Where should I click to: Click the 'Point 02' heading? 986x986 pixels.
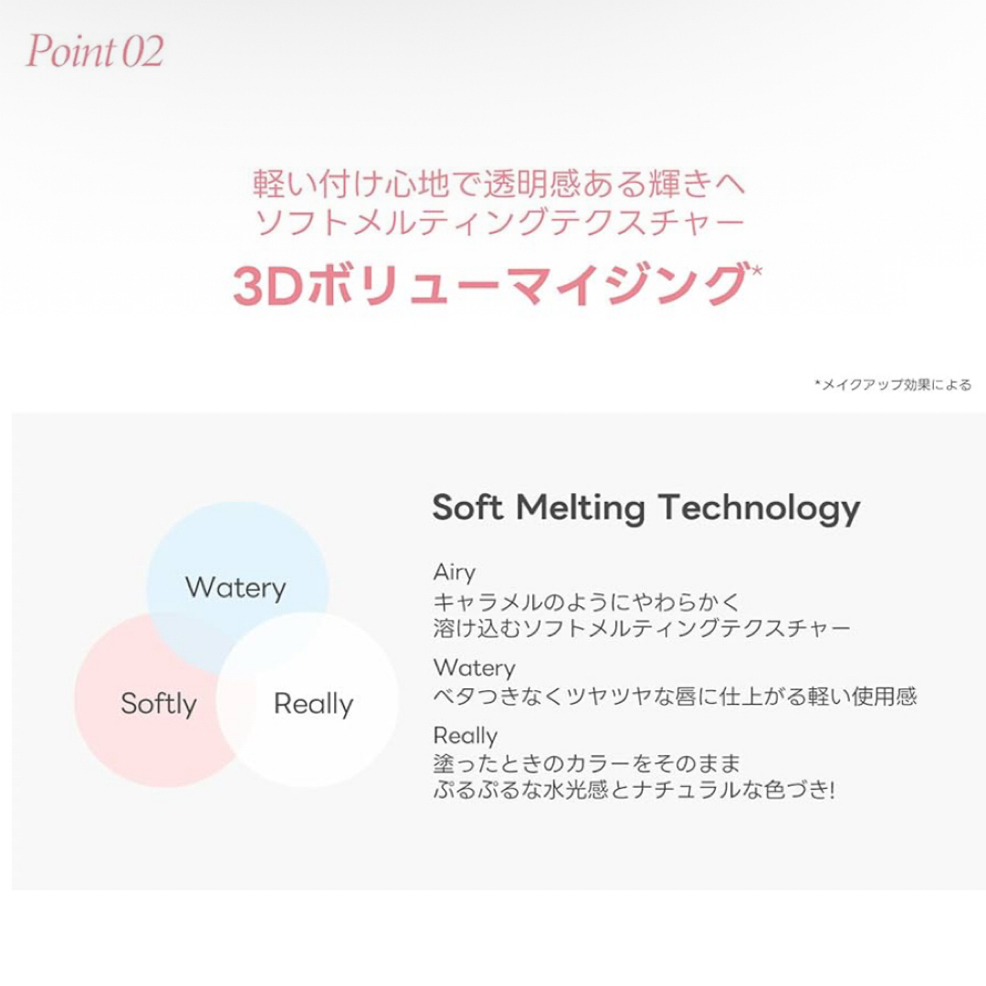point(94,51)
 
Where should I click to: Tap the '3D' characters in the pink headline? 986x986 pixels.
point(268,286)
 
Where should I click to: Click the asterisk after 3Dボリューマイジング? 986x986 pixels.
point(756,270)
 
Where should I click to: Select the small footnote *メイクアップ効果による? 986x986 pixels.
point(893,384)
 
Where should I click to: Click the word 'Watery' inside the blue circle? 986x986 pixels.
point(236,588)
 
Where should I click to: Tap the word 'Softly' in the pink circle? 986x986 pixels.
point(159,704)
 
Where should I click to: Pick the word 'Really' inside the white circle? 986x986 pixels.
point(313,704)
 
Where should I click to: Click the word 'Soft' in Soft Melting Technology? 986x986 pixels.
point(467,507)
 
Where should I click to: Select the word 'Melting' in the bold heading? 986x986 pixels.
point(581,509)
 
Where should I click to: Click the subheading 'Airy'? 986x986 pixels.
point(454,572)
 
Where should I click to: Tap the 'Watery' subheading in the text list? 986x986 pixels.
point(474,667)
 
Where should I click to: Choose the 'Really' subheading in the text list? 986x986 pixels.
point(466,736)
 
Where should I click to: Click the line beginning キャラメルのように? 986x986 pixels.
point(587,602)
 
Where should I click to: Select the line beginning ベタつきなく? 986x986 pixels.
point(675,696)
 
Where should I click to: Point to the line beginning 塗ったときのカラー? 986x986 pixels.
point(587,763)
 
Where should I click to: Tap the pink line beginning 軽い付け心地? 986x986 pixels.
point(499,184)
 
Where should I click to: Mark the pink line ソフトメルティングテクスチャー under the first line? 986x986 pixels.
point(499,221)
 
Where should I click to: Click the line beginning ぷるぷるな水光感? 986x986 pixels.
point(634,790)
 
